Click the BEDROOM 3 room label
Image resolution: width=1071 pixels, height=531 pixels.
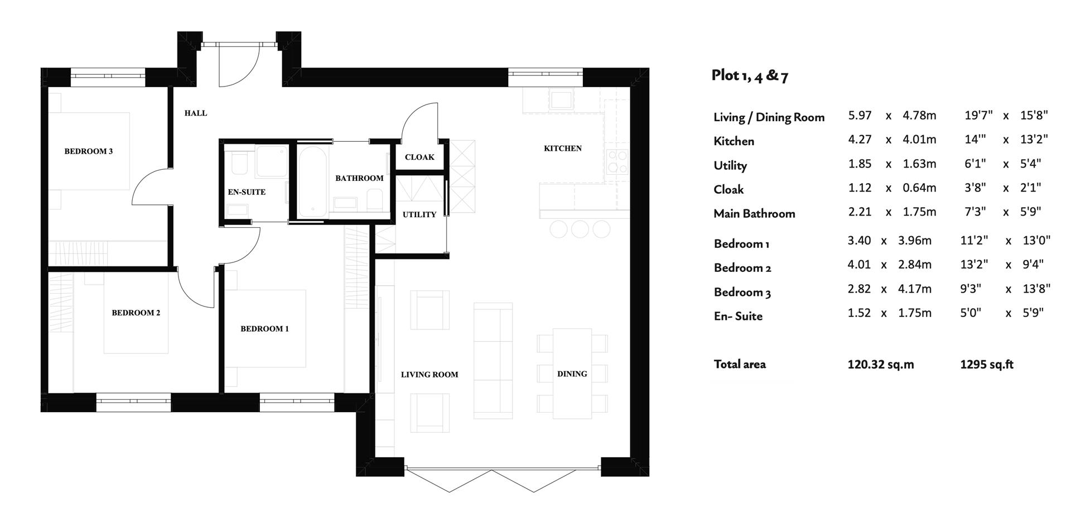(x=88, y=151)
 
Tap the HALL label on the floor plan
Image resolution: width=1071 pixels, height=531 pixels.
(x=196, y=113)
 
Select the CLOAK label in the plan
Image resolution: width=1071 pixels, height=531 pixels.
(x=419, y=157)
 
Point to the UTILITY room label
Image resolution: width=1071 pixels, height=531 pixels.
(x=419, y=214)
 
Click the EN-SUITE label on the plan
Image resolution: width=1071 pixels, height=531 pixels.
(x=247, y=192)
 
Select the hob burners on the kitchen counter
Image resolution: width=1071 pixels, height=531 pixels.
(x=617, y=162)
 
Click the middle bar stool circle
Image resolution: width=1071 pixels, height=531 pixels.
(x=580, y=229)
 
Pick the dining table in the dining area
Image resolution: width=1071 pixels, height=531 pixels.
(x=572, y=373)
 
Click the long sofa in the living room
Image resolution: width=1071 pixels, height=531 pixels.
(x=493, y=361)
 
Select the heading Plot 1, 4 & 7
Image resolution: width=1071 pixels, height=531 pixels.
(x=750, y=75)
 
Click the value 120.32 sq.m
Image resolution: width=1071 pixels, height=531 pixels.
(x=880, y=365)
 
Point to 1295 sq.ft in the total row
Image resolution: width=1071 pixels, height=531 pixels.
(x=986, y=365)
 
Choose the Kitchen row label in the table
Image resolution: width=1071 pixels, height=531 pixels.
(x=734, y=141)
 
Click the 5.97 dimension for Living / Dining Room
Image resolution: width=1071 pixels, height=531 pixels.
(x=860, y=116)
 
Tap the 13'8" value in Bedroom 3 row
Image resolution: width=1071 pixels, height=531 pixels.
(x=1036, y=289)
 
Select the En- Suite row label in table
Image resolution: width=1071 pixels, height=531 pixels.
(x=738, y=316)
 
